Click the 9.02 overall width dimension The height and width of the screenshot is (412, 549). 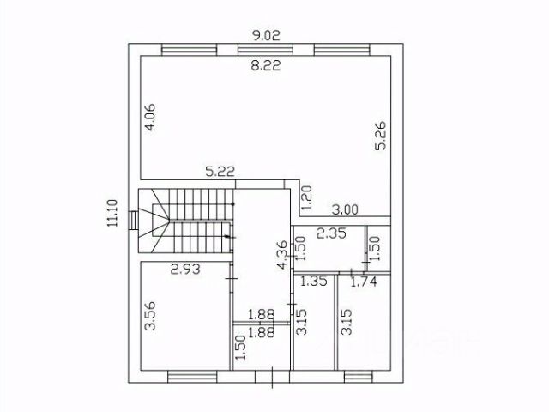(267, 35)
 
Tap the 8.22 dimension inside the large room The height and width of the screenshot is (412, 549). (266, 65)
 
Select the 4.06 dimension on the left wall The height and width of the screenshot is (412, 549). (151, 118)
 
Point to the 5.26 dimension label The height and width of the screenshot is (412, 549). (380, 136)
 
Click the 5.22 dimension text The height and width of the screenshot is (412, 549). (220, 172)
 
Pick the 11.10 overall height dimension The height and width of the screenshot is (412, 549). (112, 213)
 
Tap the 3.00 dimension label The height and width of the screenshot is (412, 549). (345, 209)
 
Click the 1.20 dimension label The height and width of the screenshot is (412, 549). (306, 198)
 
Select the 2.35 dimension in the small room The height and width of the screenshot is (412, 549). (331, 233)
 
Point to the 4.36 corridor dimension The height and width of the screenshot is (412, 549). (282, 255)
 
